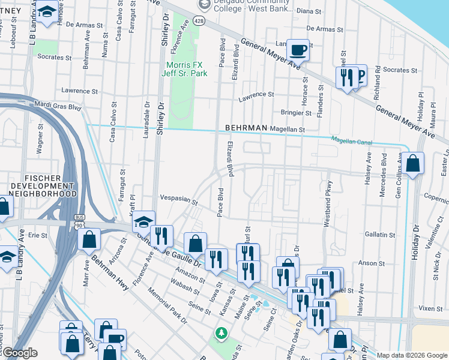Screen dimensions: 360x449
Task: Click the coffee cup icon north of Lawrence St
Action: [x=298, y=50]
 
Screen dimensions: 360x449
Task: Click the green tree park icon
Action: [x=221, y=332]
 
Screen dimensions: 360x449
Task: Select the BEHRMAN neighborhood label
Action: [x=245, y=128]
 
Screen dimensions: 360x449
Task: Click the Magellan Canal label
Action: [x=351, y=142]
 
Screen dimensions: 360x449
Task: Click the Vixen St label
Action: [x=430, y=308]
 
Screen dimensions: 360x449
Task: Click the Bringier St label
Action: [x=296, y=112]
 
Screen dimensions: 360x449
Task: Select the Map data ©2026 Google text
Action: [x=411, y=355]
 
